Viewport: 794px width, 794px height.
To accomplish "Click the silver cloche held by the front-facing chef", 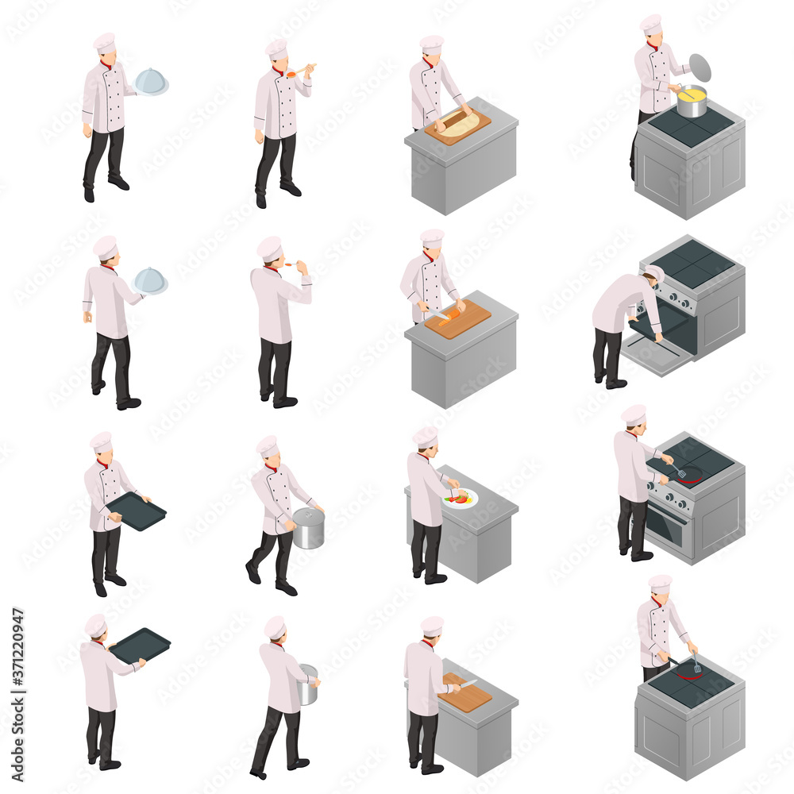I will coord(151,81).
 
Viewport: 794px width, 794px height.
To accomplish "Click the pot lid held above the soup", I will coord(700,67).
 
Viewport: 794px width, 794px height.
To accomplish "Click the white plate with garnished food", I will coord(461,499).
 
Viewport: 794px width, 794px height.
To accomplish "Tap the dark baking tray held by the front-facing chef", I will coord(137,511).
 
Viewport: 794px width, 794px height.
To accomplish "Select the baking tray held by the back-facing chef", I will coord(140,645).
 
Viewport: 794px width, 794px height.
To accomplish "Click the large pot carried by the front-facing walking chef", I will coord(308,528).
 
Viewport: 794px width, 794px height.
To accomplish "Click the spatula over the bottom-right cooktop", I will coord(696,664).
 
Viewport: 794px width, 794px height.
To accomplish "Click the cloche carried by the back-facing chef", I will coord(150,280).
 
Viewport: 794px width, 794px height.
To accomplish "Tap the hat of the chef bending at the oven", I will coord(656,273).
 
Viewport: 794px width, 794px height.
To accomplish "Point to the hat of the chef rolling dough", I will coord(432,44).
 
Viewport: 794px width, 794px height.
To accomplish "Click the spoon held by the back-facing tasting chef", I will coord(291,264).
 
